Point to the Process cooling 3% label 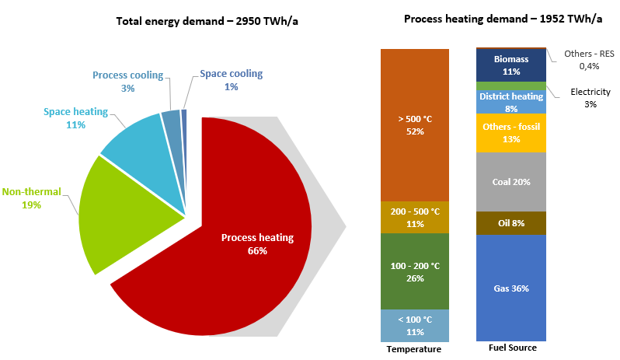pyautogui.click(x=127, y=82)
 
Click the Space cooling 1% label pyautogui.click(x=231, y=80)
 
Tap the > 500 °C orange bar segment pyautogui.click(x=415, y=124)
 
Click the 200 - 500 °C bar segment pyautogui.click(x=415, y=217)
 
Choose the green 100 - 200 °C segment pyautogui.click(x=415, y=271)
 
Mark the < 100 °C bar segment pyautogui.click(x=415, y=326)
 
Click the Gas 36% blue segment pyautogui.click(x=510, y=288)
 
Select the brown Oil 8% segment pyautogui.click(x=510, y=223)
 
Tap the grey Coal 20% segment pyautogui.click(x=510, y=182)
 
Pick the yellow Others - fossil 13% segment pyautogui.click(x=510, y=132)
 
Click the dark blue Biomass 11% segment pyautogui.click(x=510, y=65)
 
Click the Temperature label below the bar pyautogui.click(x=413, y=349)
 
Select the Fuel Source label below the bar pyautogui.click(x=511, y=348)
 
